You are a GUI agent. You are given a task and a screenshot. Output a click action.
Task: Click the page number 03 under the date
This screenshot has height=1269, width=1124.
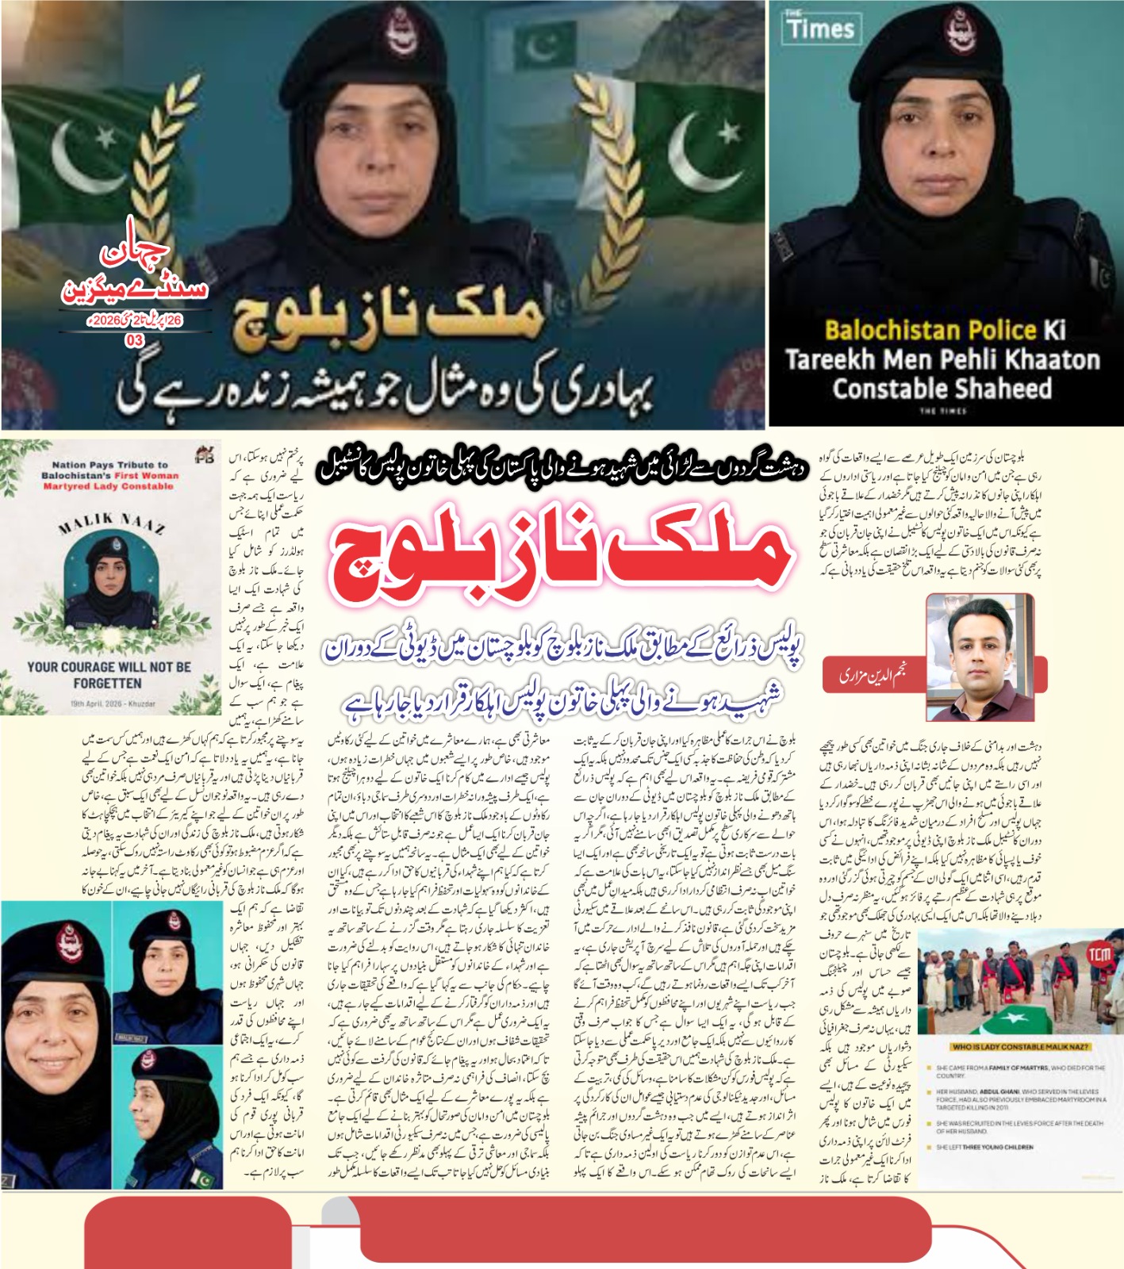[135, 340]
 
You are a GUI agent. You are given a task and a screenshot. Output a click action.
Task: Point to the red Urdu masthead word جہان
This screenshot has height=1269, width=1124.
[135, 252]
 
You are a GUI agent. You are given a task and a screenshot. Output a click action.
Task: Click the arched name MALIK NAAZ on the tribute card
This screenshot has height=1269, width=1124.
[110, 523]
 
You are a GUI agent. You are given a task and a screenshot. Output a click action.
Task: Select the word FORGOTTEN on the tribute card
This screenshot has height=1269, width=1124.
[107, 684]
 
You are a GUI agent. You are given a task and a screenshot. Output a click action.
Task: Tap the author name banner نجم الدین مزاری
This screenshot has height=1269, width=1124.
[873, 676]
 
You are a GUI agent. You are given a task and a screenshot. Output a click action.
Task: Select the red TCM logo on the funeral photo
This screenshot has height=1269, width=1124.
[1099, 953]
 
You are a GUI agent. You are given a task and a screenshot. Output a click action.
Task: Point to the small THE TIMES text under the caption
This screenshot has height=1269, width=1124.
[942, 411]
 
